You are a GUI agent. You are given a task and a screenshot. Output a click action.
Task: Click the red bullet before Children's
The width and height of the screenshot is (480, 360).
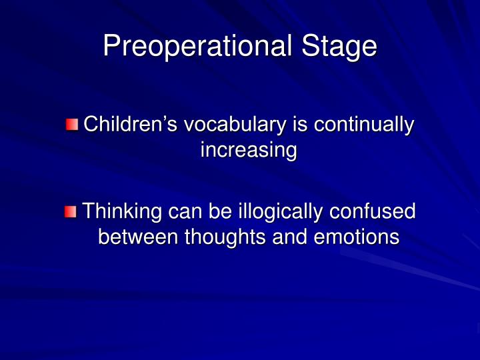tap(71, 125)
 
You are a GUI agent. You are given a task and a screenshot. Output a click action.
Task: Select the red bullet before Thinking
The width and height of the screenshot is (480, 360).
tap(71, 212)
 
